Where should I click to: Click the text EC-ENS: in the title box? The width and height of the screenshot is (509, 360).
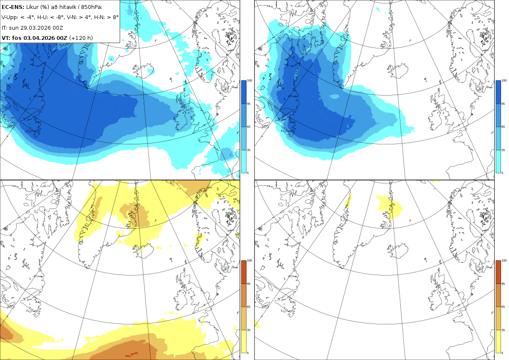13,7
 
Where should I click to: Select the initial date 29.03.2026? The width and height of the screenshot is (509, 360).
35,28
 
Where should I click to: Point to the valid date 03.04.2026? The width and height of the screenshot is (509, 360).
39,38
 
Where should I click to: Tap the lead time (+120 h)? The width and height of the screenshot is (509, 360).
81,38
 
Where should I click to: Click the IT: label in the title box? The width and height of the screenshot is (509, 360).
4,28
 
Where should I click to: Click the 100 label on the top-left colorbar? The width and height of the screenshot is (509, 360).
249,81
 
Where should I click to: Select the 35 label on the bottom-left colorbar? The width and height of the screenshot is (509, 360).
249,330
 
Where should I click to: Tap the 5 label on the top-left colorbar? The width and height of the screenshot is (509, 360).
248,173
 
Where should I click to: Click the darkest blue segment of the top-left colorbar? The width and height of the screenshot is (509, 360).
243,92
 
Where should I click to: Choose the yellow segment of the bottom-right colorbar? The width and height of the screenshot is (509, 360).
498,341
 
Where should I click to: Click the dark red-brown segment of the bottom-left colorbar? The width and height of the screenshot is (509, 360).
243,272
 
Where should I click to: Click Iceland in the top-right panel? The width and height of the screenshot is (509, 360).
398,71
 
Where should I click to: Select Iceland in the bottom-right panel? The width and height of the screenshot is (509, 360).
398,251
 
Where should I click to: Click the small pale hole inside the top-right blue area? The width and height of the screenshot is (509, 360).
334,97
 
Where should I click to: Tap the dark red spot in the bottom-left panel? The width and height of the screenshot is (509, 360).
132,354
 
